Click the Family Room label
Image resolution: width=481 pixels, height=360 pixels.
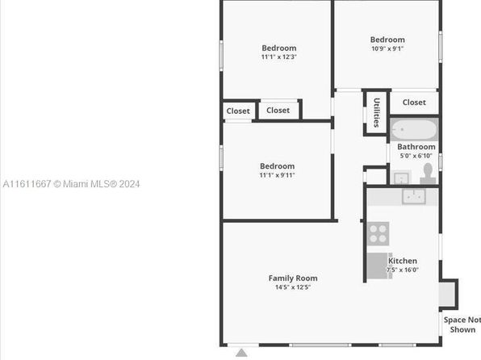coord(293,278)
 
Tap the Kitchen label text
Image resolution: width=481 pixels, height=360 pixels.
coord(403,261)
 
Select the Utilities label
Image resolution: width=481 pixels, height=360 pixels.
coord(377,113)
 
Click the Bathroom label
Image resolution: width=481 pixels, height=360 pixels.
coord(416,147)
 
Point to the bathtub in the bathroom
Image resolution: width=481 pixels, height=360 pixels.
coord(414,129)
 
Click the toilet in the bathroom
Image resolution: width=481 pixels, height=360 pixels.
coord(428,174)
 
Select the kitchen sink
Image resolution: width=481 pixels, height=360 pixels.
coord(414,196)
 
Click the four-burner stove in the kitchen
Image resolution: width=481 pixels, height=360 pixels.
coord(378,234)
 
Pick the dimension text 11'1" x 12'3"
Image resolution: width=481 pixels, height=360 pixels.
coord(279,57)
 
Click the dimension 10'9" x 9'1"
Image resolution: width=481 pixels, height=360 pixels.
coord(387,48)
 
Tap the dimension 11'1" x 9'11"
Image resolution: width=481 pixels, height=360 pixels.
coord(278,175)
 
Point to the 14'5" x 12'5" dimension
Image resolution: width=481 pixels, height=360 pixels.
coord(293,287)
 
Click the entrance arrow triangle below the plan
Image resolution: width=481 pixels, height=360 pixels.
coord(242,353)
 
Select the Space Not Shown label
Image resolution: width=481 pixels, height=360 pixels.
coord(462,324)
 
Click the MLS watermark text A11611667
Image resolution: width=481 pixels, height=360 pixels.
coord(27,184)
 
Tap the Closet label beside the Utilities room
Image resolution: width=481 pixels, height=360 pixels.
coord(414,103)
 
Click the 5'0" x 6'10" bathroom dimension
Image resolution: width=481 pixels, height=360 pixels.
coord(416,156)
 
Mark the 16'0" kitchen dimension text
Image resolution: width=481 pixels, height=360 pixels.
coord(411,270)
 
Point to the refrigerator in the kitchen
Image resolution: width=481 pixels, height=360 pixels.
coord(378,266)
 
